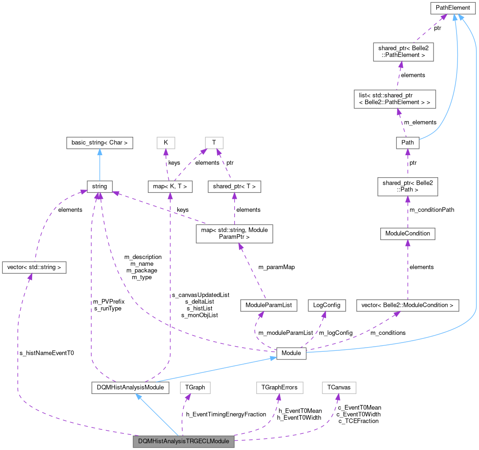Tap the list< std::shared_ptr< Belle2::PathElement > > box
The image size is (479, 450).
(x=394, y=99)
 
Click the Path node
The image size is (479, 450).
(x=407, y=143)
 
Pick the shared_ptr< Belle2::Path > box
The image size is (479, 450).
(x=407, y=186)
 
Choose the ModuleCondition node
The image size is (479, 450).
(x=407, y=234)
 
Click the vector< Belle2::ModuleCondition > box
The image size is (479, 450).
(x=407, y=305)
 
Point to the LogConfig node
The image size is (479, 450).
(x=326, y=305)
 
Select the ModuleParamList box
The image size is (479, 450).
(x=269, y=305)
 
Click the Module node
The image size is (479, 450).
(x=291, y=353)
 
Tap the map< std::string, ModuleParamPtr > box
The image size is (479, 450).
(x=234, y=234)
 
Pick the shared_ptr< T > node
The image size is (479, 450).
(x=234, y=186)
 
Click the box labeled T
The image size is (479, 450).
(x=214, y=143)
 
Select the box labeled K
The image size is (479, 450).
(x=166, y=143)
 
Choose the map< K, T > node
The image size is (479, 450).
(x=170, y=186)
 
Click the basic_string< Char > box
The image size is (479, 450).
(x=99, y=143)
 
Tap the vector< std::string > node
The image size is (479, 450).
(x=34, y=267)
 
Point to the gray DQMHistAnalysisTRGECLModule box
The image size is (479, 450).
(x=184, y=442)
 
